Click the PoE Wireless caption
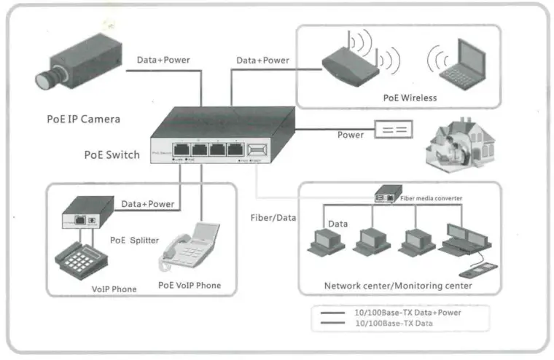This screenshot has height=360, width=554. coord(410,98)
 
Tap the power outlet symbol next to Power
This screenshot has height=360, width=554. coord(393,130)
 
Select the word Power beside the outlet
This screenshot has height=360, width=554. coord(351,135)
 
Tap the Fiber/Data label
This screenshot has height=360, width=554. coord(273,217)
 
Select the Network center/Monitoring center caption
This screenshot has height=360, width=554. coord(398,286)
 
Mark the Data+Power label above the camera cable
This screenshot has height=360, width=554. coord(163,60)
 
